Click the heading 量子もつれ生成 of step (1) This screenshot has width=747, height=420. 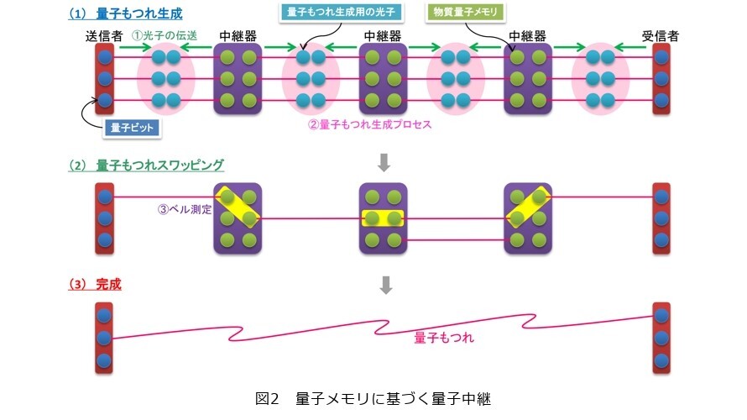[147, 13]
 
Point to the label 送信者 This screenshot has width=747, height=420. [103, 37]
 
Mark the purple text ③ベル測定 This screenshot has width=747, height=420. [184, 210]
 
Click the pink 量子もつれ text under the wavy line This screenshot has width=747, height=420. [444, 339]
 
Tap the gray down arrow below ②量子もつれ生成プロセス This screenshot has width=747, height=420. [385, 161]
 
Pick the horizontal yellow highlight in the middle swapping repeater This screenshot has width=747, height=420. [384, 218]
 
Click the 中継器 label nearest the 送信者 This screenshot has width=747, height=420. [238, 37]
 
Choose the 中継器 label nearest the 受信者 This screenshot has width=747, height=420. [528, 37]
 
